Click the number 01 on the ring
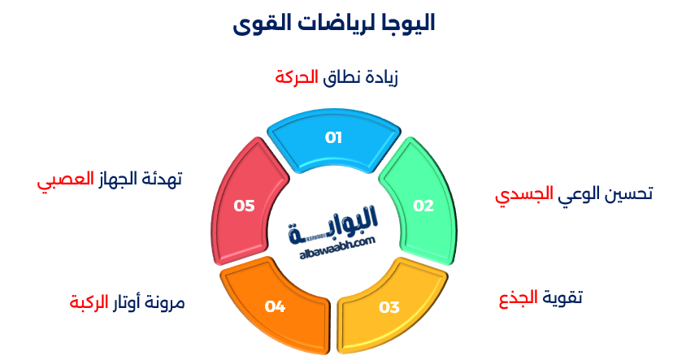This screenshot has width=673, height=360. [x=334, y=137]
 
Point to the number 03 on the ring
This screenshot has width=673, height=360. [x=389, y=307]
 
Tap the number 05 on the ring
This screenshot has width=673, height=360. [x=245, y=206]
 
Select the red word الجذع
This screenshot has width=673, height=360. [x=518, y=298]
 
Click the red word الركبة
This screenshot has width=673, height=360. [x=89, y=303]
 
